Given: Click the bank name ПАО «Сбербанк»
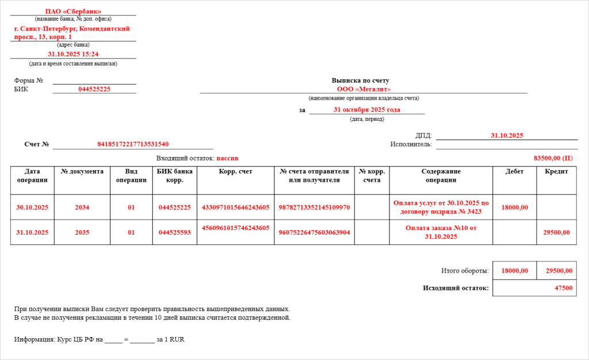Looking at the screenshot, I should tap(73, 12).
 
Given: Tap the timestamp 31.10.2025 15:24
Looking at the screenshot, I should tap(73, 54).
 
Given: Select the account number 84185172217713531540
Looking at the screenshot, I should tap(133, 144).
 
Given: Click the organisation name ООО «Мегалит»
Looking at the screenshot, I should tap(364, 89).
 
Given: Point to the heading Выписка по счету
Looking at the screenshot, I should tap(364, 81).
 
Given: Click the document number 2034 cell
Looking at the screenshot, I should tap(82, 208).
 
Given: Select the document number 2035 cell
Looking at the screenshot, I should tap(82, 232).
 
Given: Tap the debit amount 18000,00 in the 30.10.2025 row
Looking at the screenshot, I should tap(515, 208).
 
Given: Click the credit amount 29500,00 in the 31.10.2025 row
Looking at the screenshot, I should tap(556, 232).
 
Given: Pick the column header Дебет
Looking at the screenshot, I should tap(515, 171).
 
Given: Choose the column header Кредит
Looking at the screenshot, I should tap(556, 171).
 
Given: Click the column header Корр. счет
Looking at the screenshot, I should tap(235, 171).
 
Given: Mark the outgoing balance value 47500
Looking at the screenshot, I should tap(563, 288).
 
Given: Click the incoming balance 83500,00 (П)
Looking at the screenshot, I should tap(553, 158).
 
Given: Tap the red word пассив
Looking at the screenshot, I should tap(227, 158).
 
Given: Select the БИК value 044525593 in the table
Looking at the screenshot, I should tap(175, 232).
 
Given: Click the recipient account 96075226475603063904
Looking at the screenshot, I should tap(314, 232).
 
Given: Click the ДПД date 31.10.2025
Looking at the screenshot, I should tap(507, 136).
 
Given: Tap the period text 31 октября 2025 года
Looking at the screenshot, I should tap(366, 110).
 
